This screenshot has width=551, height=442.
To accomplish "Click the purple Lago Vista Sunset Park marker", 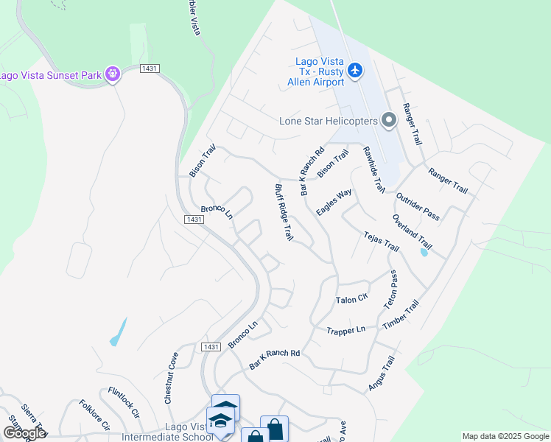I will point(112,74).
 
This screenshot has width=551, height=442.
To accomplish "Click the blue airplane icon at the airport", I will point(356,70).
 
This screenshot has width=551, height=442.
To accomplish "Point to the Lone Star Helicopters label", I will point(329,122).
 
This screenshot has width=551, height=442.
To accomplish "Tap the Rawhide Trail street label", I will point(374,170).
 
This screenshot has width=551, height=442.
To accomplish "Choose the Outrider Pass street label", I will point(417,206).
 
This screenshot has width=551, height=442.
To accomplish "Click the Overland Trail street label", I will point(412,231).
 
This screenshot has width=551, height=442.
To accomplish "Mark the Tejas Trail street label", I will point(381,241).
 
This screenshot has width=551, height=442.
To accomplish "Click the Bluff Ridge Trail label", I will point(284,212).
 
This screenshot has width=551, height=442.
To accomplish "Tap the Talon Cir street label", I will point(351,300).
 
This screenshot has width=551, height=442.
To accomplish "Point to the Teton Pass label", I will point(390,289).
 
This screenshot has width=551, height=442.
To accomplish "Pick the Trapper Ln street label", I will point(346,330).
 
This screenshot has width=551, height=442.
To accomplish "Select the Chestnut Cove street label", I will point(172,376).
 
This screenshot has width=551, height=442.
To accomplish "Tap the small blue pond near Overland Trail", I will point(424,253).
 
